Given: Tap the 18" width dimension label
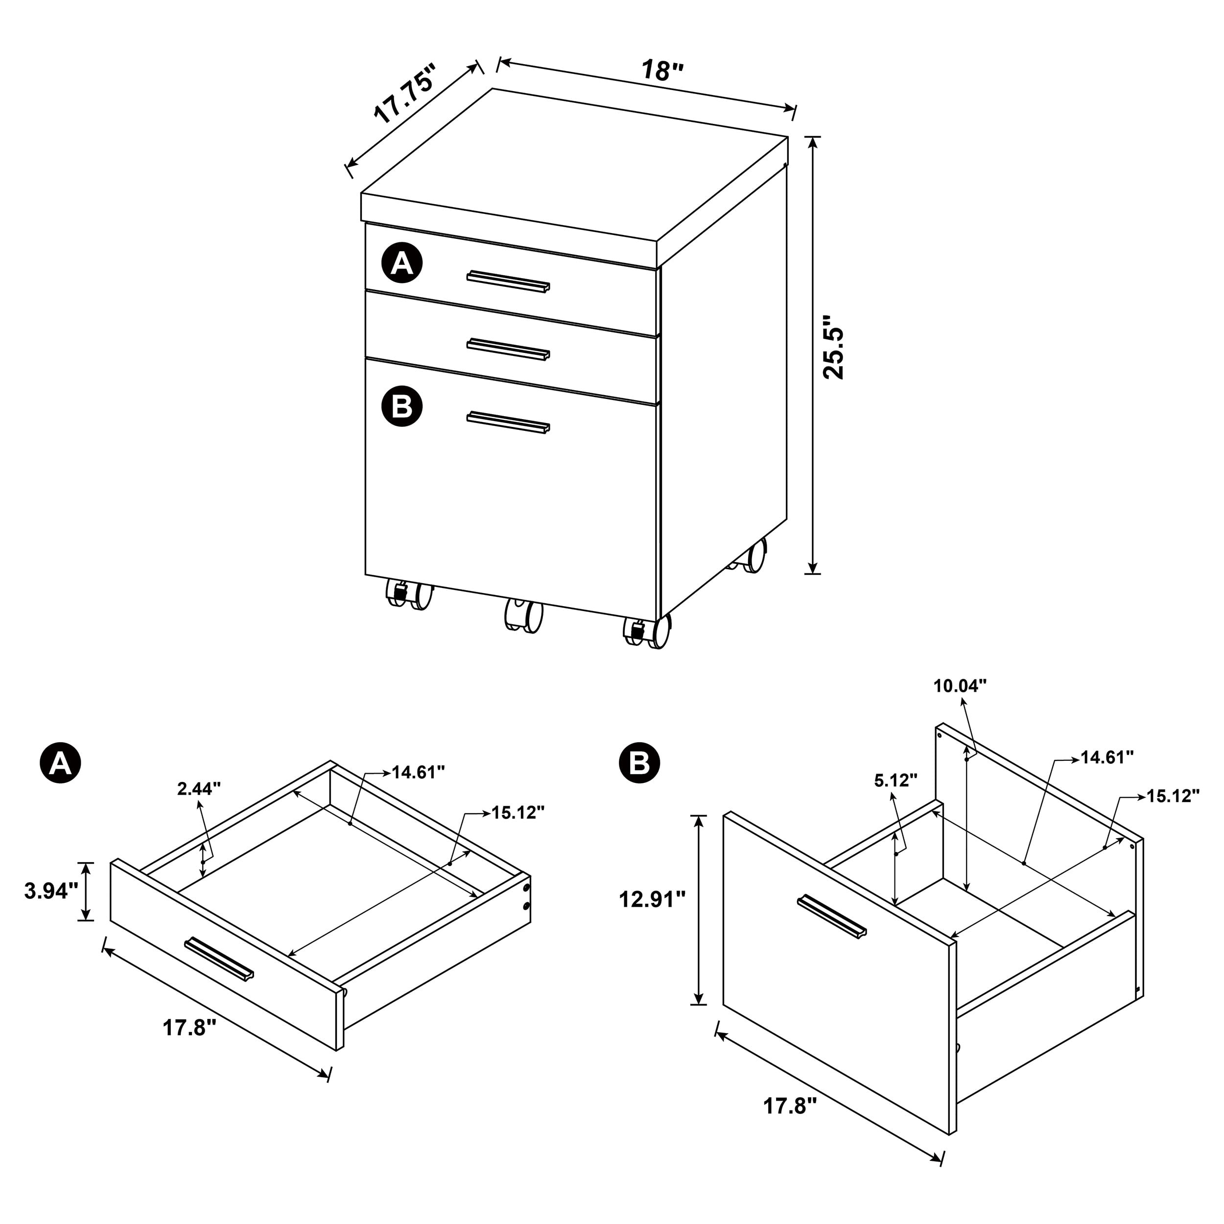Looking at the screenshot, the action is (662, 70).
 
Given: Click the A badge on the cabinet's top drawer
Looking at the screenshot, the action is (401, 262).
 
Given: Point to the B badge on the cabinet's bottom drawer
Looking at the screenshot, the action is (401, 405).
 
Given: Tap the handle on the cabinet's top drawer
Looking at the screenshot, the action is (508, 282).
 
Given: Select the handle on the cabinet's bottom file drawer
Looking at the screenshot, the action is (508, 423).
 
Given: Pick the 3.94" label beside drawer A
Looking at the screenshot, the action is (51, 891).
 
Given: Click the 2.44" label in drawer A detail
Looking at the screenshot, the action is (199, 788).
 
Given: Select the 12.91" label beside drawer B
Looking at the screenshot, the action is (653, 899).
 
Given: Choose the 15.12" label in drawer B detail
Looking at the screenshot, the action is (1173, 796).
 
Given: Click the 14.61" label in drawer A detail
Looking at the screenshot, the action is (418, 772).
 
